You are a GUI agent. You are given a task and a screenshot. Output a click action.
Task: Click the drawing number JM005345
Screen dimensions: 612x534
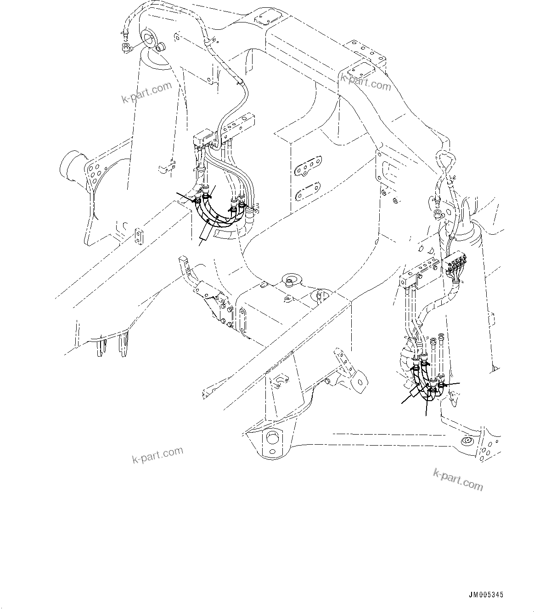click(486, 595)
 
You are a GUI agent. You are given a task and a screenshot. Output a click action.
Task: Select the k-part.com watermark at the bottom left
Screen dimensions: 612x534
click(157, 455)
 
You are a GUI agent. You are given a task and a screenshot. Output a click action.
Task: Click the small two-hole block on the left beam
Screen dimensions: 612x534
click(139, 235)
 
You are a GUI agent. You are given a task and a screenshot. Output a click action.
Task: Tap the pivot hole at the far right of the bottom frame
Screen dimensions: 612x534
click(467, 441)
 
